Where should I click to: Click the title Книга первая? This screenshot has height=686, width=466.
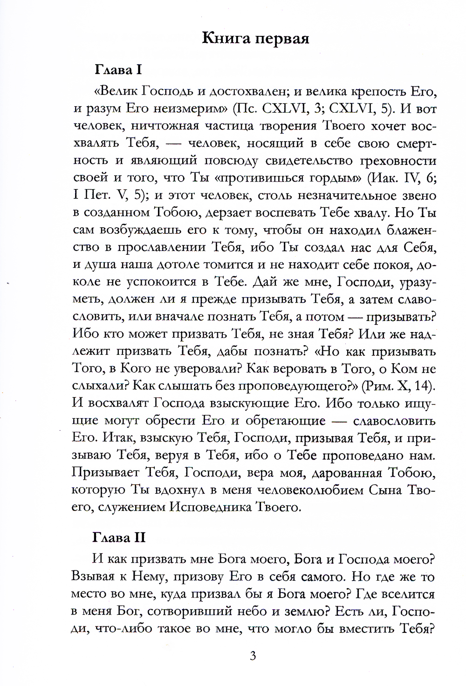click(x=255, y=38)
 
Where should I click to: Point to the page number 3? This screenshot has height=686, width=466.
click(x=253, y=656)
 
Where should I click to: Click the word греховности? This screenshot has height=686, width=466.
click(x=398, y=161)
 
